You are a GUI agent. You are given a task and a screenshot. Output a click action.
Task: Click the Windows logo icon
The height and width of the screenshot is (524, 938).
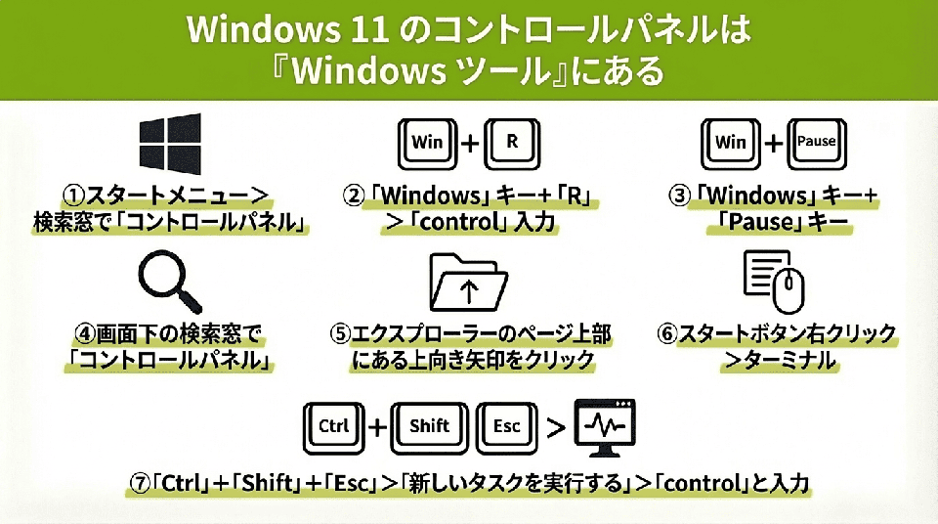click(170, 144)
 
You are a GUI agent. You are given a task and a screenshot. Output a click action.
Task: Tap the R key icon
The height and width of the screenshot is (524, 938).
click(511, 141)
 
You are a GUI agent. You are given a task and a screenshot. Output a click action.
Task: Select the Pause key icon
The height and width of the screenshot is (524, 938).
click(816, 142)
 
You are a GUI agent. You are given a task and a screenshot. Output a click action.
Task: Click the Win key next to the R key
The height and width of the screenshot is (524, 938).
click(427, 142)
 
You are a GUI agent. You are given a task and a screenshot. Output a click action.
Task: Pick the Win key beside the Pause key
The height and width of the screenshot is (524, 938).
click(730, 142)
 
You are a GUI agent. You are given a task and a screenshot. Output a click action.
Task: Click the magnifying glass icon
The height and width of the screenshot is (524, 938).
click(170, 282)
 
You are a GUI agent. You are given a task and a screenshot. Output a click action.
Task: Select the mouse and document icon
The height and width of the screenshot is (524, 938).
click(773, 282)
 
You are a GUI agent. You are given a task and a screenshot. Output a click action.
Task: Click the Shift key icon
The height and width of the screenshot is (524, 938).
click(429, 426)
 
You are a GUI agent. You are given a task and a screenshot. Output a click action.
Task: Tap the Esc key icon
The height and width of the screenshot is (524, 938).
click(507, 426)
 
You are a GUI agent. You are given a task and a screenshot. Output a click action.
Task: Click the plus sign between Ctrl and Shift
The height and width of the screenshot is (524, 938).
click(377, 427)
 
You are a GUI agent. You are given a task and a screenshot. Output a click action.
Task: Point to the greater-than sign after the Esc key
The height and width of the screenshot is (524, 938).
click(555, 427)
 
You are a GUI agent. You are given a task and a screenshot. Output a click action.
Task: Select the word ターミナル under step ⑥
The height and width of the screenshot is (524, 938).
click(791, 360)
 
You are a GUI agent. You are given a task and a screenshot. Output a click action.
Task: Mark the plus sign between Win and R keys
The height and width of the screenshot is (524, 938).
click(469, 143)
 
